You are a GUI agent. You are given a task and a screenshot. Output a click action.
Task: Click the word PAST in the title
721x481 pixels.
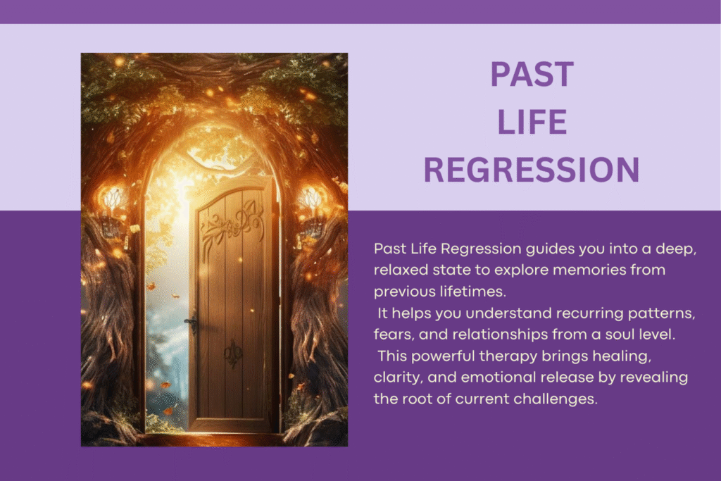[x=532, y=75]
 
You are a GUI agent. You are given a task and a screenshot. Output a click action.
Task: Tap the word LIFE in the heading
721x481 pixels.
[x=532, y=123]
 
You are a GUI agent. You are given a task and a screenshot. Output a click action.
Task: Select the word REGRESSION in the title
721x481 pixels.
[x=532, y=170]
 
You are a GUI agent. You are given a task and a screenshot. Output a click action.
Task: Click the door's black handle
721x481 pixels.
[x=192, y=323]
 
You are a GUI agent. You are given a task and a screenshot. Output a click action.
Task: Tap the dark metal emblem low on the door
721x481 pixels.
[x=232, y=352]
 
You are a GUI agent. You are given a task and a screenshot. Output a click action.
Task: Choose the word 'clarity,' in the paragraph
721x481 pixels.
[x=399, y=377]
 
